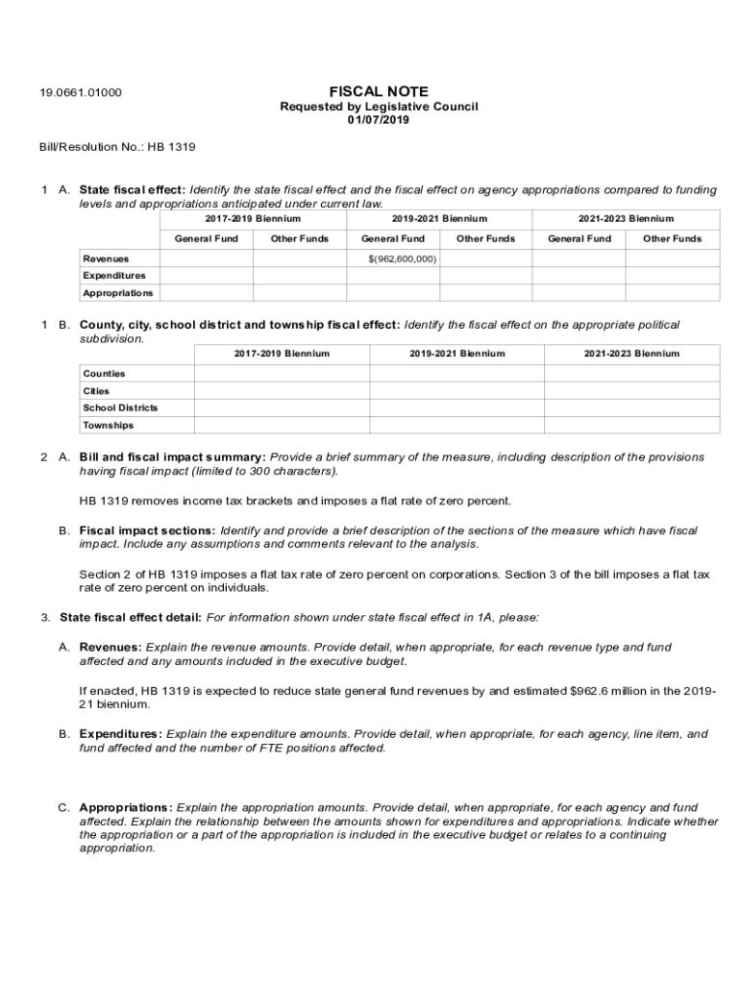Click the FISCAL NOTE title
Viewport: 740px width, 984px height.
[379, 92]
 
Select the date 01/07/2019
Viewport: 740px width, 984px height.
[378, 120]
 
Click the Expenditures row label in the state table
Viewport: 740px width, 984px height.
[114, 276]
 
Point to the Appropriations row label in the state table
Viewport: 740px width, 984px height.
[117, 293]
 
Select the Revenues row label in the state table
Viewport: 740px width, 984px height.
[106, 258]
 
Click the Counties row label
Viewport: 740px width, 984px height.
[104, 373]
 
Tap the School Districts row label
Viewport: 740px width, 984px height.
[120, 407]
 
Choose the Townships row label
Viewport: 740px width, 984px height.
[108, 425]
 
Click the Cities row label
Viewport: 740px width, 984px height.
[96, 391]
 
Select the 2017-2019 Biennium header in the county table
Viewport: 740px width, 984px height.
[282, 354]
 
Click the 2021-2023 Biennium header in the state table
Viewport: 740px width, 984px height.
[626, 219]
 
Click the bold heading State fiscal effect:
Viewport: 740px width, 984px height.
[133, 190]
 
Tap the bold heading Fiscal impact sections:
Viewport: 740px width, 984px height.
[147, 530]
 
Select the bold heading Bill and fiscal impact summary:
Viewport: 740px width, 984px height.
[172, 457]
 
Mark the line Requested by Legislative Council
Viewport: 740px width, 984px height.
[378, 107]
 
